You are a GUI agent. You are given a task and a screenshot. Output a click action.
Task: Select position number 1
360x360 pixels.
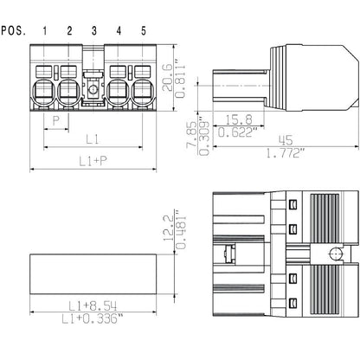click(x=45, y=32)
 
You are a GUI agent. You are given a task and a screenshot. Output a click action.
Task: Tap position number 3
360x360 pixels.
click(x=93, y=32)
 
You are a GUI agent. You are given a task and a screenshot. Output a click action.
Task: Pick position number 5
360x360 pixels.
click(x=143, y=32)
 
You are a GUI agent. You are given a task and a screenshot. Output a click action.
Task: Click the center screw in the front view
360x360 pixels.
click(x=93, y=91)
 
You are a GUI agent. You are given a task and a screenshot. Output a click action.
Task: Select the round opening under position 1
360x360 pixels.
click(x=45, y=92)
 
